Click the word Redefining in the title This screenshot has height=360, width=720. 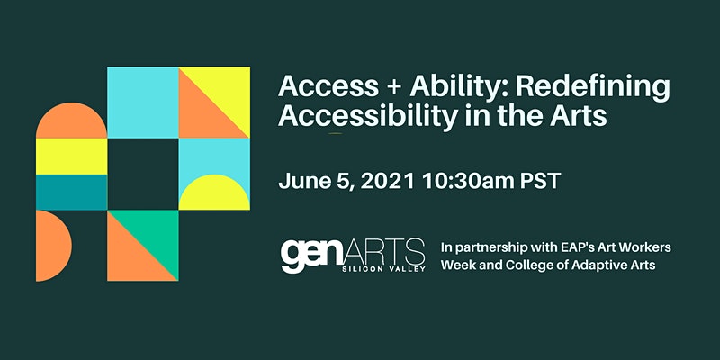tap(592, 87)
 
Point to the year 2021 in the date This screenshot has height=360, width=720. tap(388, 182)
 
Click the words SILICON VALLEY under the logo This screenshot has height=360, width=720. tap(384, 269)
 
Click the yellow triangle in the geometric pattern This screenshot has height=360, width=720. tap(227, 91)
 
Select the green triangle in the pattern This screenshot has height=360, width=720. tap(154, 234)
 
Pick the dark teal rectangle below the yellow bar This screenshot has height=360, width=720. tap(72, 193)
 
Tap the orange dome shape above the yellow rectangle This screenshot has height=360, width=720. tap(72, 121)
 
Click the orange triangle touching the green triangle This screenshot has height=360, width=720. tap(131, 257)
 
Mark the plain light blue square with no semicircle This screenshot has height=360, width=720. tap(143, 103)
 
